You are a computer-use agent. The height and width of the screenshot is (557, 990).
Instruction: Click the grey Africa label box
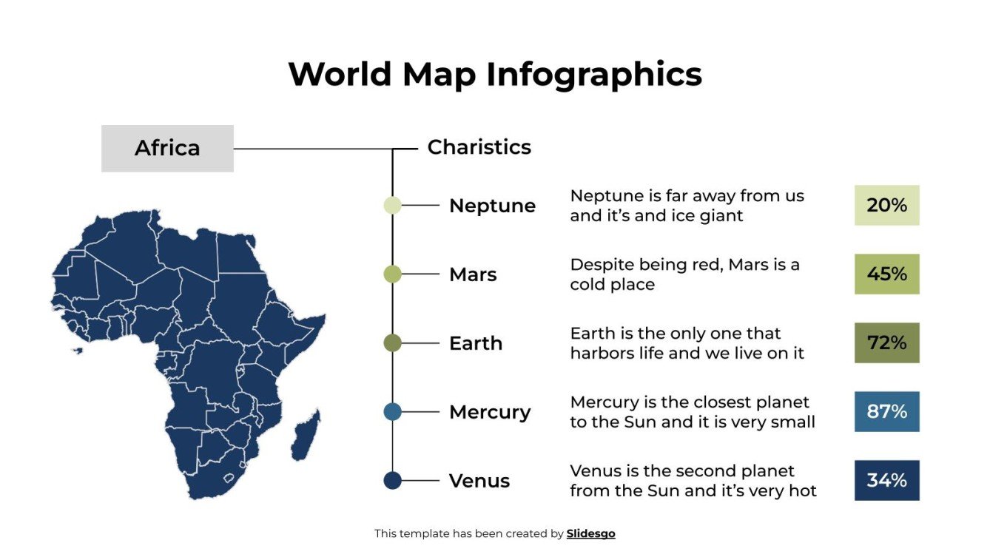click(167, 148)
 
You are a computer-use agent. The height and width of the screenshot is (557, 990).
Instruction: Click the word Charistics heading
click(479, 147)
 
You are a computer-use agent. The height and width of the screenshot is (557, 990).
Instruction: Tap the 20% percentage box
click(886, 205)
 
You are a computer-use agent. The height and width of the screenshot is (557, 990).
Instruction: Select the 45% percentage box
click(886, 274)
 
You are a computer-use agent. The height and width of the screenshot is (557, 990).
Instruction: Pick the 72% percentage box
click(886, 342)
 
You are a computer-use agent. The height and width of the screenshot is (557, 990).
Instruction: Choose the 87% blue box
click(886, 411)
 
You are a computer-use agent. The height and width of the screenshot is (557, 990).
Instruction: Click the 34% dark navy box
click(886, 480)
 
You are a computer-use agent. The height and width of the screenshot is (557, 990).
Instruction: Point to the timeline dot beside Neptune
click(392, 206)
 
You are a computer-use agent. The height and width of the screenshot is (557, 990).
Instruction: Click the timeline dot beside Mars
click(392, 274)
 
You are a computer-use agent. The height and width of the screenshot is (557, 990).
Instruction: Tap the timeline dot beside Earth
click(392, 343)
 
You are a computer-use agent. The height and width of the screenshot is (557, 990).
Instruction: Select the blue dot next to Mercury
click(392, 412)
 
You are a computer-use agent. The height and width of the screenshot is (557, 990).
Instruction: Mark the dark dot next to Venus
click(392, 481)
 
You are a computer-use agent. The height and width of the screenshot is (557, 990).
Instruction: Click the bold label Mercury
click(489, 412)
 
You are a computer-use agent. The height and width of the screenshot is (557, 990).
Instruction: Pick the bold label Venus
click(479, 481)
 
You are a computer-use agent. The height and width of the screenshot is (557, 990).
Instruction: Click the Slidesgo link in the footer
click(590, 533)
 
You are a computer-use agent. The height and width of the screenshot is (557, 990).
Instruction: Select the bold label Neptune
click(492, 206)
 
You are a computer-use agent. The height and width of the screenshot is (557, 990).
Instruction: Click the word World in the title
click(340, 75)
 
